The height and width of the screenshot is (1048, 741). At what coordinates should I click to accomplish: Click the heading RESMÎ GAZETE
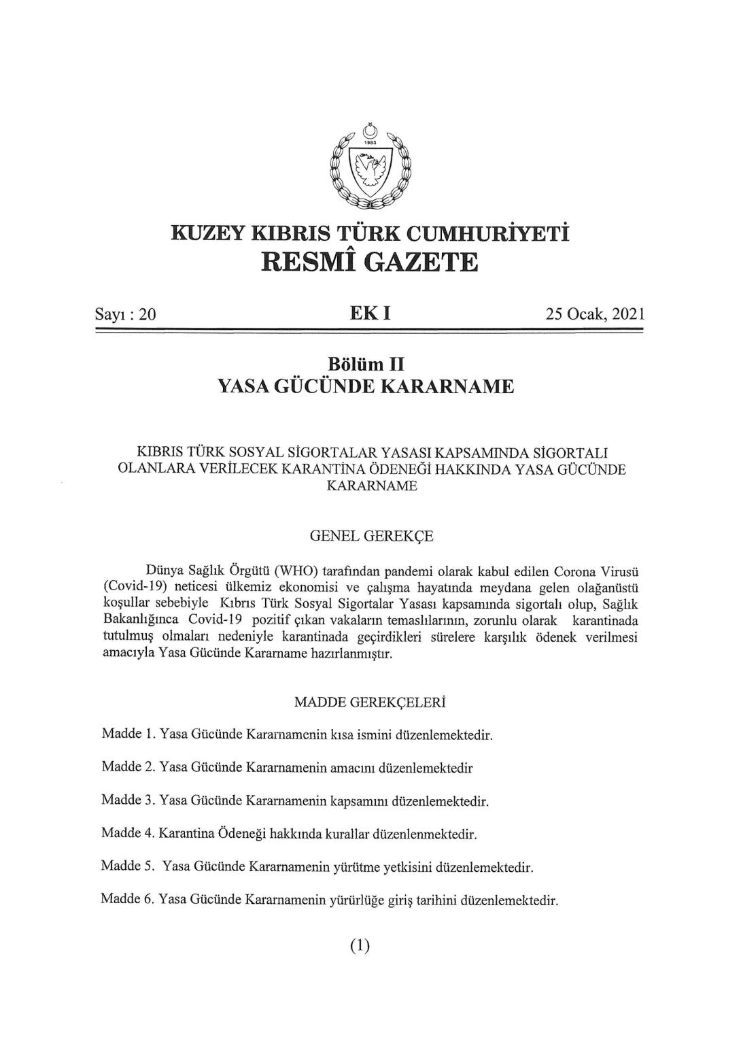(370, 261)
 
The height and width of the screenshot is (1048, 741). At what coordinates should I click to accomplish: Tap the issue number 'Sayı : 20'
(126, 315)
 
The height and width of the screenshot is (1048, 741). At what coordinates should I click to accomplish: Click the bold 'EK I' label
(370, 314)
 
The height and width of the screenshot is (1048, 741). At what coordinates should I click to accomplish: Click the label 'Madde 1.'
(128, 734)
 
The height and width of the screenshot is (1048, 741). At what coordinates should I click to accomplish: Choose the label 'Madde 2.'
(128, 768)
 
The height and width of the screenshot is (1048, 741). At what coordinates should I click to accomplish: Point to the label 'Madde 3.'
(128, 800)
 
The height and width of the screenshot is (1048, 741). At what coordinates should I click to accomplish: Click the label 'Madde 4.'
(128, 833)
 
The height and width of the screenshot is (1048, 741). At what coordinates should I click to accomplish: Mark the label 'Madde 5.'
(128, 866)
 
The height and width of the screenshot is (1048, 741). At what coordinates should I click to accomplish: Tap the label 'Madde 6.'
(128, 900)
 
